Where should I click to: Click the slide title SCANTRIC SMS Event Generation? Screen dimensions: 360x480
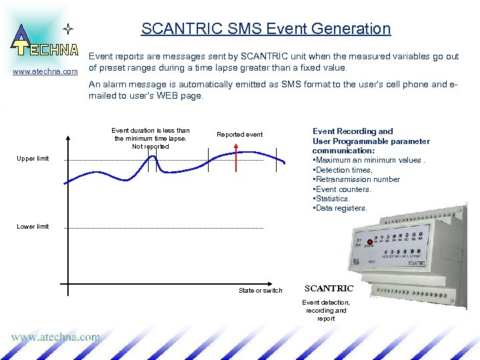click(x=265, y=29)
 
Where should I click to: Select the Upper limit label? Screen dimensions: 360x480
click(x=33, y=159)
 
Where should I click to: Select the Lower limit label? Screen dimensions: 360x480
click(x=33, y=227)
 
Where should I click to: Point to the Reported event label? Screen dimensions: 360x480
click(x=239, y=135)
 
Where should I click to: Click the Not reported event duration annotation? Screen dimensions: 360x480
click(x=150, y=139)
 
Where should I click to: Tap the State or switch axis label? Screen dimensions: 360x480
click(x=260, y=291)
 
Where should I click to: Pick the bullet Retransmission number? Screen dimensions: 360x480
click(x=356, y=179)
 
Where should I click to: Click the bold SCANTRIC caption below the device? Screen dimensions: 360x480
click(x=329, y=289)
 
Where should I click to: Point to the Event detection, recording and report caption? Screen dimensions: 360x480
click(x=326, y=310)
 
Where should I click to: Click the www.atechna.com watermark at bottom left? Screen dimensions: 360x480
click(x=55, y=337)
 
